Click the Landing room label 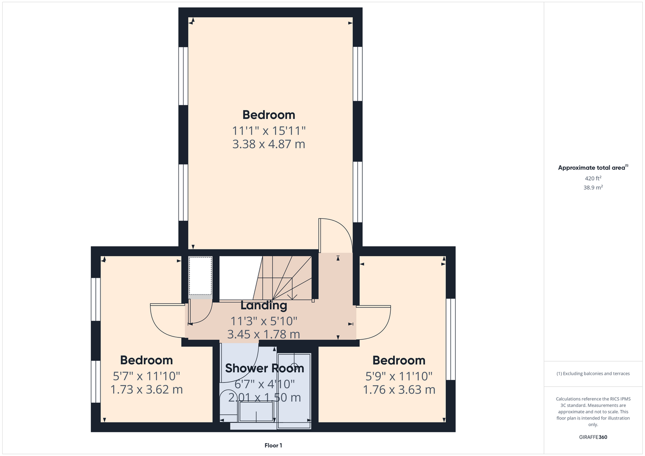(264, 306)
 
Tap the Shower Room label (264, 368)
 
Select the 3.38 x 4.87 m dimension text (269, 144)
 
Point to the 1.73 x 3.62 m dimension (147, 389)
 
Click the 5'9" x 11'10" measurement (399, 376)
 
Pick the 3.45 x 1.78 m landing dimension (264, 334)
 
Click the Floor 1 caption (273, 446)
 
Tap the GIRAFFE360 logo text (593, 437)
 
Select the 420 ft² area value (593, 178)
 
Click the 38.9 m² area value (593, 187)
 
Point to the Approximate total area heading (593, 167)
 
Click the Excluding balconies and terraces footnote (593, 373)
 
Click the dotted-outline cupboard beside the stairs (200, 276)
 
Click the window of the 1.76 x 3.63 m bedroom (451, 339)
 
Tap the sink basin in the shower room (256, 412)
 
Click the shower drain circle (294, 366)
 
